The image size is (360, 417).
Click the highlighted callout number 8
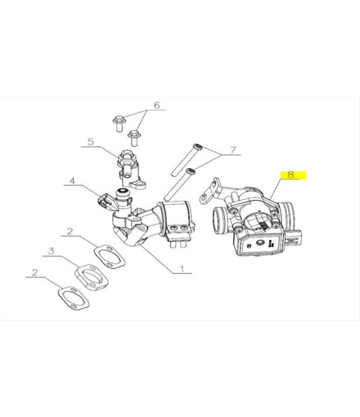[x=291, y=175]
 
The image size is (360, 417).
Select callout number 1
[x=182, y=269]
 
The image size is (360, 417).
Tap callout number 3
[x=51, y=251]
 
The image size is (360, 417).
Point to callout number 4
[x=72, y=181]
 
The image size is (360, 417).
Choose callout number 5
[x=91, y=142]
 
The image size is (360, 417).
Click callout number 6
[x=157, y=106]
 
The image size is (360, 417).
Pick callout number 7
[x=233, y=150]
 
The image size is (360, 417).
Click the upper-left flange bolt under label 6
[x=118, y=123]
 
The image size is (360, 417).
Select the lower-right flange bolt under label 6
[x=133, y=138]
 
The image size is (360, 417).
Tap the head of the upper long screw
[x=198, y=147]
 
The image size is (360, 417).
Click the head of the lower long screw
[x=191, y=171]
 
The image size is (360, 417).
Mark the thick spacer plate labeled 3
[x=91, y=277]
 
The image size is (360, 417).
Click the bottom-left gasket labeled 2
[x=73, y=298]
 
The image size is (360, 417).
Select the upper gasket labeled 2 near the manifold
[x=109, y=257]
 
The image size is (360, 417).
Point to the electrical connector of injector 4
[x=103, y=201]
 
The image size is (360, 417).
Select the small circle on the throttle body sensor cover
[x=259, y=243]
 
